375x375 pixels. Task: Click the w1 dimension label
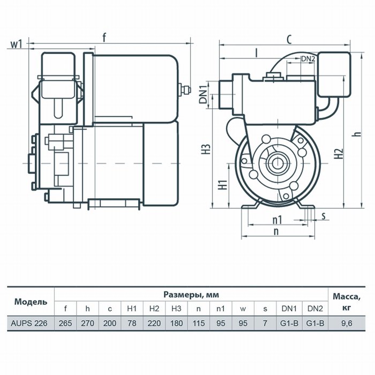(16, 44)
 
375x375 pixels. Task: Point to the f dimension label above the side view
(104, 37)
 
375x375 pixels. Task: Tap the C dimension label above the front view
(289, 40)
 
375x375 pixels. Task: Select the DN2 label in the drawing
(307, 59)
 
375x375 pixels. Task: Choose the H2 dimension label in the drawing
(339, 154)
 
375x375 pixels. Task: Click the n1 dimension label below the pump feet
(277, 220)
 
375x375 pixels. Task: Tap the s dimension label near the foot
(324, 216)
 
